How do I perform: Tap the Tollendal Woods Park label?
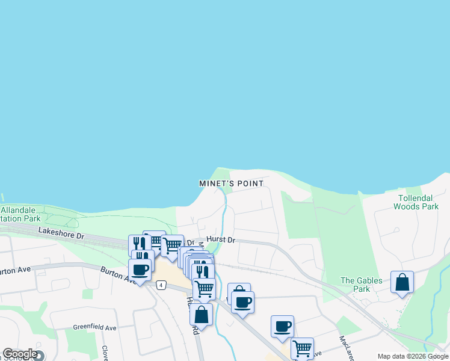click(x=416, y=202)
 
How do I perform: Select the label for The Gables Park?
click(x=361, y=285)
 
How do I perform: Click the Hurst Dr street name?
click(x=220, y=239)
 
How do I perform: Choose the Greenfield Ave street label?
click(x=94, y=328)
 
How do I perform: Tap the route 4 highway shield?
click(x=161, y=285)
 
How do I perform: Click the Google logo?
click(x=19, y=354)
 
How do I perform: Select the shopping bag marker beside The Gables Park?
click(x=402, y=282)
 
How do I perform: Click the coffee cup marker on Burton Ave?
click(x=140, y=270)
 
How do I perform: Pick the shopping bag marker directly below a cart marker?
click(x=201, y=314)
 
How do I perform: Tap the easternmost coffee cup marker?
click(x=282, y=326)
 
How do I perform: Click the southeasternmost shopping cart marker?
click(x=302, y=348)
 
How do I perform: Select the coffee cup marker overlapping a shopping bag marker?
click(x=242, y=302)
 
